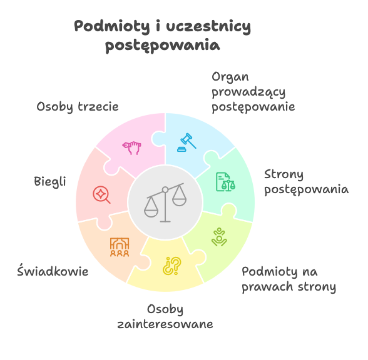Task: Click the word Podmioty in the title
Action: tap(112, 26)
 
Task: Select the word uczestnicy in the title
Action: tap(208, 26)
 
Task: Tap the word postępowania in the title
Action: tap(163, 45)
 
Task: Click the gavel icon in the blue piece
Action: tap(187, 142)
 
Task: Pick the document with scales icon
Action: tap(225, 182)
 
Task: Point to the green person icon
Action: tap(219, 237)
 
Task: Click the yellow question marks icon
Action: tap(172, 266)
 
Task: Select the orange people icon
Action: tap(120, 247)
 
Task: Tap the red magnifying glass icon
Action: tap(101, 194)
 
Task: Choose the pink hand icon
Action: tap(131, 147)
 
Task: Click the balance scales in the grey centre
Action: tap(165, 202)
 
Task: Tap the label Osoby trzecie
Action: tap(78, 107)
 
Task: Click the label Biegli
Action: tap(50, 182)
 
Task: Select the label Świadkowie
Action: tap(53, 271)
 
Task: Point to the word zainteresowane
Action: tap(165, 324)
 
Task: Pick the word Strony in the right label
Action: tap(284, 175)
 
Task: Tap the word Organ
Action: tap(230, 77)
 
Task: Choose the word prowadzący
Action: tap(248, 92)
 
